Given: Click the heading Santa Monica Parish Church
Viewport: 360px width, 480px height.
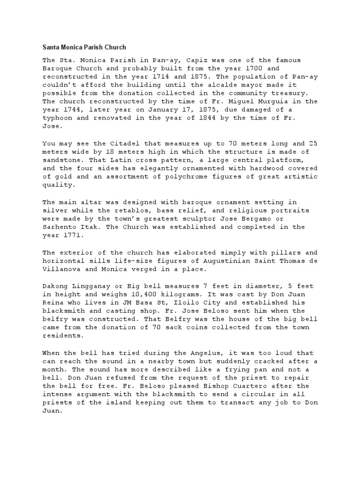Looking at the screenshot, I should [84, 47].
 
